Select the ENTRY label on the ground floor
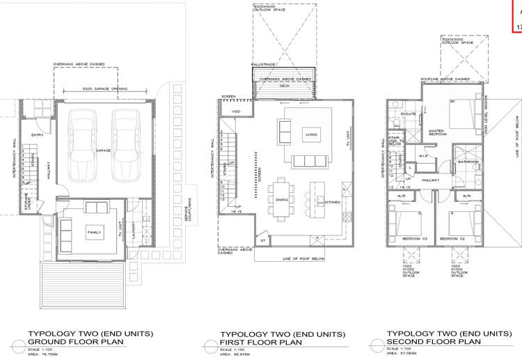38,135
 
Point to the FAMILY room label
94,231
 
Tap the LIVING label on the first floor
311,135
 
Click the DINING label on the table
283,199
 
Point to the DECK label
285,86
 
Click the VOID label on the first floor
236,111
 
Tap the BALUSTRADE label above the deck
264,64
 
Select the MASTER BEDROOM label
437,132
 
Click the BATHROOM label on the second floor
468,162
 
